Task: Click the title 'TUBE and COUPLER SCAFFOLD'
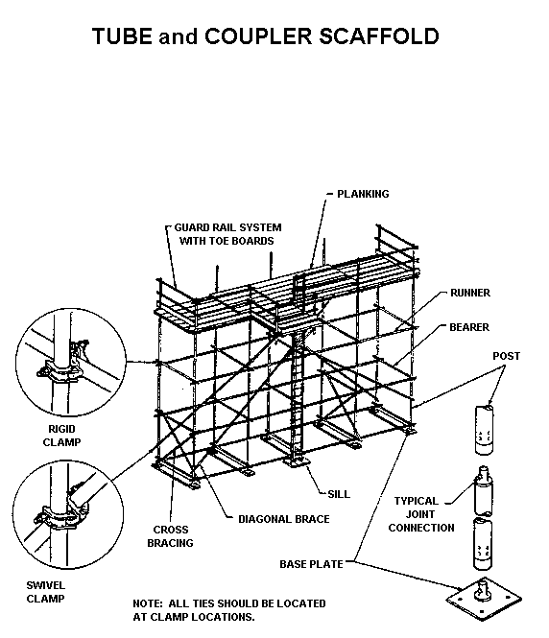click(x=265, y=37)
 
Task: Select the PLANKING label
click(x=362, y=194)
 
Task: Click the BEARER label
click(x=469, y=327)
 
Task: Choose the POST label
click(x=506, y=356)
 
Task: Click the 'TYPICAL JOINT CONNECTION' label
click(x=422, y=514)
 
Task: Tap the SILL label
click(x=338, y=494)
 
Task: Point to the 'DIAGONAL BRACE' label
click(x=283, y=519)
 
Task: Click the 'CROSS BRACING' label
click(x=170, y=536)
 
